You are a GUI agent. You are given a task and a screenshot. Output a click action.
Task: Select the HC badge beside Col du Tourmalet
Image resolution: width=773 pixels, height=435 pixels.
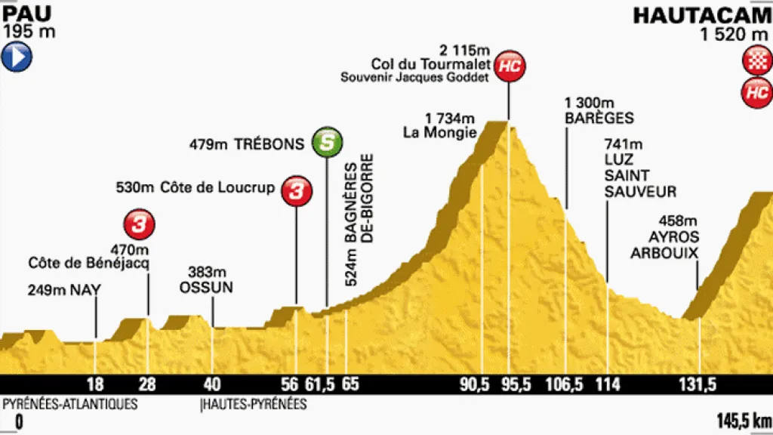pyautogui.click(x=511, y=66)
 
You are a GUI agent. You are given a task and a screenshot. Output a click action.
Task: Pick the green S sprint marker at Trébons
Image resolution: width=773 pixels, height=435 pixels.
pyautogui.click(x=326, y=142)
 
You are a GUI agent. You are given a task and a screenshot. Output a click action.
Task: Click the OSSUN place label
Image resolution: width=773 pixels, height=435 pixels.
pyautogui.click(x=207, y=287)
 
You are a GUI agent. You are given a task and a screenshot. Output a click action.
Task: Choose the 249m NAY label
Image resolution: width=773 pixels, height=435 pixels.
pyautogui.click(x=64, y=288)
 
